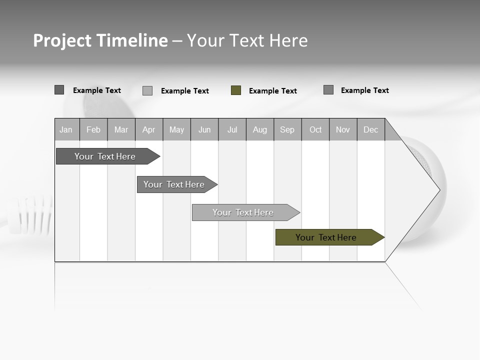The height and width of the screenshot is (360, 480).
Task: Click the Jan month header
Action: pyautogui.click(x=66, y=129)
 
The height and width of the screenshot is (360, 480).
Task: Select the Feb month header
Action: pyautogui.click(x=93, y=129)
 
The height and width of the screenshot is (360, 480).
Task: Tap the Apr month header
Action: pyautogui.click(x=149, y=129)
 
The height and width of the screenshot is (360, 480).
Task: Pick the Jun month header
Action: pyautogui.click(x=204, y=129)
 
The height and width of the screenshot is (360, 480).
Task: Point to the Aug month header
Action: pyautogui.click(x=260, y=129)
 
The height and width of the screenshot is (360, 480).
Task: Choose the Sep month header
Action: pyautogui.click(x=287, y=129)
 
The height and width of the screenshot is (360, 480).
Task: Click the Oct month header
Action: pyautogui.click(x=315, y=129)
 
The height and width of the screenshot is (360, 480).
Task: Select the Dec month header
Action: pyautogui.click(x=371, y=129)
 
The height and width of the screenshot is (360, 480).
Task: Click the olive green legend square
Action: pyautogui.click(x=236, y=90)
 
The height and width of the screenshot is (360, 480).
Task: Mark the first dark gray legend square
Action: pyautogui.click(x=59, y=90)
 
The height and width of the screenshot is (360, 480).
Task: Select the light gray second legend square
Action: pyautogui.click(x=147, y=91)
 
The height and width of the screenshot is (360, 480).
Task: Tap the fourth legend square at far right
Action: pyautogui.click(x=328, y=90)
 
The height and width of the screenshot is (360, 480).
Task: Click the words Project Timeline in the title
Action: pyautogui.click(x=100, y=40)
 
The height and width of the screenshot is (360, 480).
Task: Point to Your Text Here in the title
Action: pyautogui.click(x=247, y=40)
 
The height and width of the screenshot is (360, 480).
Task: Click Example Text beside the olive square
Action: pyautogui.click(x=273, y=91)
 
